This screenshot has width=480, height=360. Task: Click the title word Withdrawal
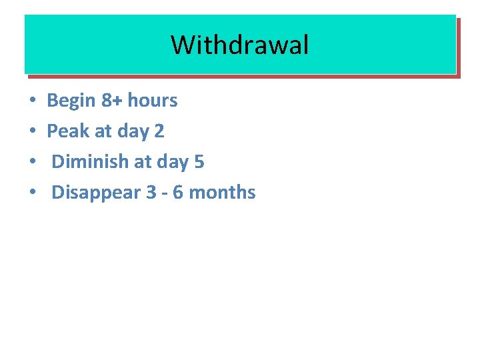point(240,45)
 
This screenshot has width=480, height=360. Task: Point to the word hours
point(153,101)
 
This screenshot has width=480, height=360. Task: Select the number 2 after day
point(159,131)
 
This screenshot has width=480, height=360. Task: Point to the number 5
point(199,162)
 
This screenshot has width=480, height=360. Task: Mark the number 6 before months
point(178,193)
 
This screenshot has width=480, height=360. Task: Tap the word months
point(223,193)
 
